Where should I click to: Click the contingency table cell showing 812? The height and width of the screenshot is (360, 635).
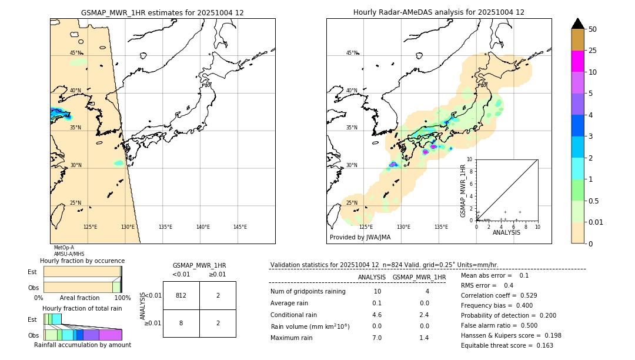pos(181,295)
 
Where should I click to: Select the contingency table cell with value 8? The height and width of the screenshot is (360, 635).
pos(181,323)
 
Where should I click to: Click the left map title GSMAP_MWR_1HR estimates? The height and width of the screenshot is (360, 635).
pos(162,12)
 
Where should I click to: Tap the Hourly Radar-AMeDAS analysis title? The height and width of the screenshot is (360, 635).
pos(439,12)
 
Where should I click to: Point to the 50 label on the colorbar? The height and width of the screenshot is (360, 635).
pos(593,29)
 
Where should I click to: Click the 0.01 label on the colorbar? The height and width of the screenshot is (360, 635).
pos(596,222)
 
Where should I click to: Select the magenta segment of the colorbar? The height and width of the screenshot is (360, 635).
pos(578,61)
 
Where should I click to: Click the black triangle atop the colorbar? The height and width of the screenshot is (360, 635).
pos(578,24)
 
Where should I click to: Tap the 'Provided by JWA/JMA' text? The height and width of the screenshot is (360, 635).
pos(360,238)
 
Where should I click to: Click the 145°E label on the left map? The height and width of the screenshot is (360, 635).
pos(240,227)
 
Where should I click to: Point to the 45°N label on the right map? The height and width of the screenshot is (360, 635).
pos(352,53)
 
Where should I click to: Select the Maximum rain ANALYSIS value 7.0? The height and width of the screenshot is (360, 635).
pos(377,338)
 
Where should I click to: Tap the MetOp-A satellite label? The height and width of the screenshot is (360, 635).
pos(64,248)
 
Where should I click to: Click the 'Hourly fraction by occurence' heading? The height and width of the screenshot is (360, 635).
pos(82,261)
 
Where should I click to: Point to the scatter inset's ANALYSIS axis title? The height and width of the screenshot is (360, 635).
pos(506,232)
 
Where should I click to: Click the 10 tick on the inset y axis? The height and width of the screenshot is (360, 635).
pos(470,159)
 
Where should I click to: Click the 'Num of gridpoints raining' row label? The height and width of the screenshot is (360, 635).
pos(308,291)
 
